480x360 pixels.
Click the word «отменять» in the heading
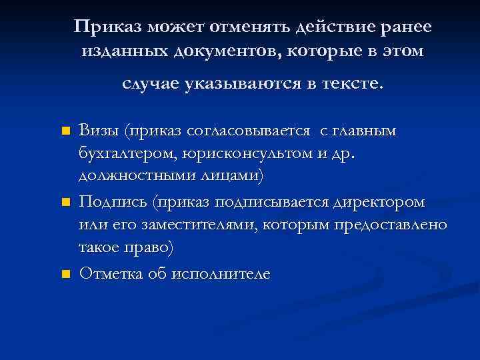[249, 27]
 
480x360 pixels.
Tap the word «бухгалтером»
[125, 154]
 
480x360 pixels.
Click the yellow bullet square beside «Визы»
[65, 131]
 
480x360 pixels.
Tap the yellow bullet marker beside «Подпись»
[65, 201]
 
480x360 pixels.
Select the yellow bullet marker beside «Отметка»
[65, 273]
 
